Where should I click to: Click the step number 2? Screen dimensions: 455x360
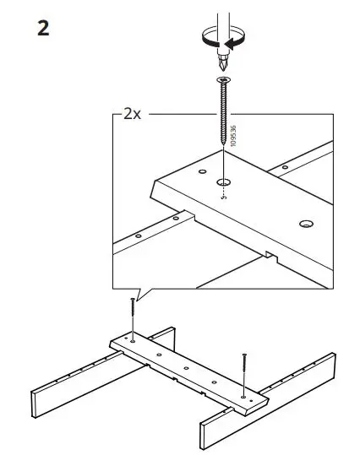coord(43,28)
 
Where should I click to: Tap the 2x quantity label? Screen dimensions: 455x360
coord(132,114)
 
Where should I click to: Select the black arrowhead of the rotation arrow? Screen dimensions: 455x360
coord(237,38)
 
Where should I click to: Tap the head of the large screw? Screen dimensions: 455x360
coord(224,80)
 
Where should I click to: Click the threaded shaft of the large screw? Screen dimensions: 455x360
coord(224,118)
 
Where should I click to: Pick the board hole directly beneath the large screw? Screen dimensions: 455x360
coord(224,181)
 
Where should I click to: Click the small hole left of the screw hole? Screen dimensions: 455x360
coord(203,173)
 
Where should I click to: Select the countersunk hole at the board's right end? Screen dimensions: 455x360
coord(303,225)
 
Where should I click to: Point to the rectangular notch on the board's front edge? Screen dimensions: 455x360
coord(269,254)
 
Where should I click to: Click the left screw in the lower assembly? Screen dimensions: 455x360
coord(134,317)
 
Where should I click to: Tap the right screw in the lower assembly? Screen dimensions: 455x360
coord(244,371)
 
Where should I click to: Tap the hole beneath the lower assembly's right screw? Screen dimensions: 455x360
coord(243,394)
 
